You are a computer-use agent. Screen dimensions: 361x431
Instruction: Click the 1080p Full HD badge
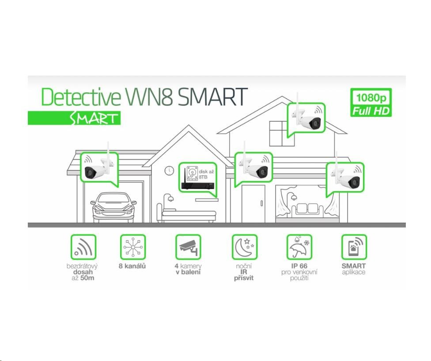tap(371, 103)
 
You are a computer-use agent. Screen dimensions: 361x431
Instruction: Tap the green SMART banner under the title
tap(74, 118)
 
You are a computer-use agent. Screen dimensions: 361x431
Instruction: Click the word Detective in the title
tap(80, 97)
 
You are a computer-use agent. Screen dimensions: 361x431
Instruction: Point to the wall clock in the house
tap(169, 170)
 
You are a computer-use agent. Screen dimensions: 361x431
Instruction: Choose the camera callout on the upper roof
tap(306, 118)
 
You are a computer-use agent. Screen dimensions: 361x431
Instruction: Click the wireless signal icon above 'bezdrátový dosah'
tap(83, 247)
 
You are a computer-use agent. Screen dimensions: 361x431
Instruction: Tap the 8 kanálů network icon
tap(133, 247)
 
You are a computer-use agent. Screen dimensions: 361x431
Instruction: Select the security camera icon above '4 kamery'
tap(188, 247)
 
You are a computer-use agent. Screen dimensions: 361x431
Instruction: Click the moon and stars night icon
tap(244, 247)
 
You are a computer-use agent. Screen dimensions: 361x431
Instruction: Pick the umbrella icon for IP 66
tap(299, 247)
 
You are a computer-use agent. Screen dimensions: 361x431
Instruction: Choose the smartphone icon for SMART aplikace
tap(354, 247)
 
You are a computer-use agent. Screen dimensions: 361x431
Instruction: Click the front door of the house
tap(253, 204)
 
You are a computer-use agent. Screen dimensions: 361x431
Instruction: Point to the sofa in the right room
tap(307, 209)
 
